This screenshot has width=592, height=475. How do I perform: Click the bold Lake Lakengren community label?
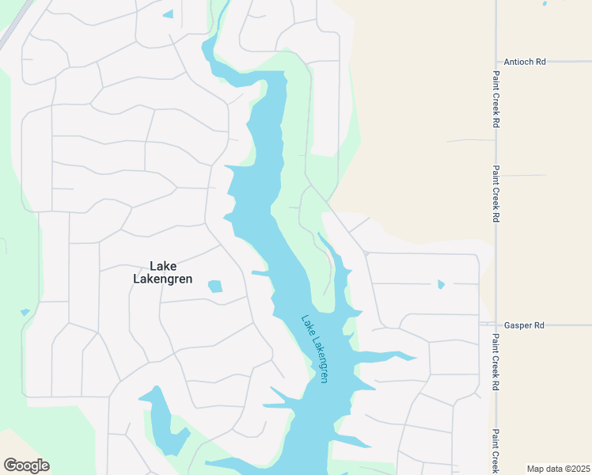point(163,272)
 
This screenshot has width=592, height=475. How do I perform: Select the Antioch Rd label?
point(525,61)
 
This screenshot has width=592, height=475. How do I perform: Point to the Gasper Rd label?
point(524,325)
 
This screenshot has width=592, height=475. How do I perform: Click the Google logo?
point(26,465)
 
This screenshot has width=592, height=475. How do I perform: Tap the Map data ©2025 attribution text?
point(557,469)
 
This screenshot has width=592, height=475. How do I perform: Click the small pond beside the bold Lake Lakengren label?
point(215,286)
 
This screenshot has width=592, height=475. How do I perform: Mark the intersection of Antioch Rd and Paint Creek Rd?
point(496,61)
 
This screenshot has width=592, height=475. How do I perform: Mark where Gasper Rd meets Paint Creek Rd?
point(496,325)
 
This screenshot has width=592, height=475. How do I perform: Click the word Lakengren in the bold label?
point(163,279)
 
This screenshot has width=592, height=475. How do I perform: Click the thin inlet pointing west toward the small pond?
point(260,273)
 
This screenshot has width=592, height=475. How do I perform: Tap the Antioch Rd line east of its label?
point(570,61)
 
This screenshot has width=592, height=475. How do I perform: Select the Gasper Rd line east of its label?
point(570,325)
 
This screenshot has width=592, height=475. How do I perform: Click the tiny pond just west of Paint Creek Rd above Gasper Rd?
point(441,284)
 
